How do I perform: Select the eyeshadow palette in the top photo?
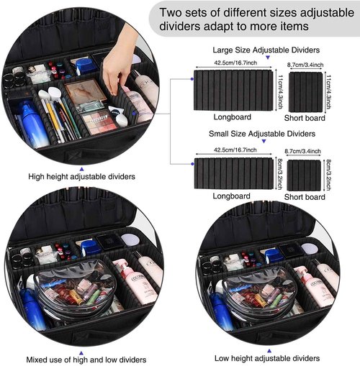[x=99, y=120]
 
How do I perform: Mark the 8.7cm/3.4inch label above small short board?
[x=303, y=151]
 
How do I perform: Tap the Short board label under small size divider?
[x=304, y=196]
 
